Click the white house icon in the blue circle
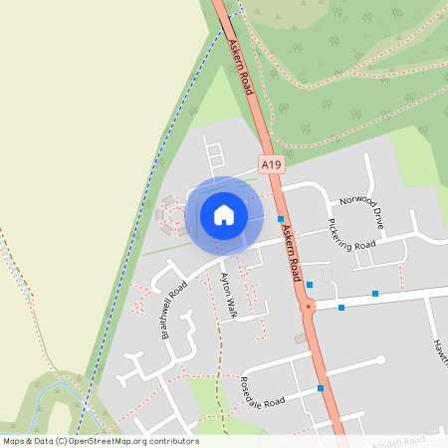click(x=224, y=214)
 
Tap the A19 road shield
click(x=270, y=164)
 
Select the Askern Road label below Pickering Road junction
click(x=291, y=250)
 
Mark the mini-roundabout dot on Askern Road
click(x=310, y=307)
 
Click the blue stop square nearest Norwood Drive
click(x=281, y=219)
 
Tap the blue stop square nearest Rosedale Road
click(x=321, y=388)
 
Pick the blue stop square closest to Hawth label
click(x=375, y=294)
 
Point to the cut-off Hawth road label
click(x=438, y=348)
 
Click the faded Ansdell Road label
click(x=398, y=439)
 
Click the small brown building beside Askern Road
click(x=301, y=338)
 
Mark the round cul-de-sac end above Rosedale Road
click(x=379, y=359)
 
